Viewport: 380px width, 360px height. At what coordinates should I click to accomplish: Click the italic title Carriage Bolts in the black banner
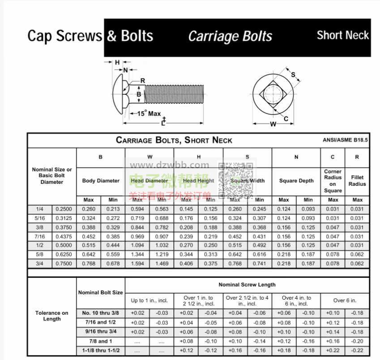(230, 37)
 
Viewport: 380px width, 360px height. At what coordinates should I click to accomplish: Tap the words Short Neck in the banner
(342, 35)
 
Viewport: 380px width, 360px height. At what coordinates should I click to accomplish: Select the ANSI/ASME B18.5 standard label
(345, 140)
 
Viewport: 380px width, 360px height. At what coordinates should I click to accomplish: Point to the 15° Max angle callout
(149, 114)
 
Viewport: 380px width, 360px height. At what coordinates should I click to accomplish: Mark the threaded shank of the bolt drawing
(175, 95)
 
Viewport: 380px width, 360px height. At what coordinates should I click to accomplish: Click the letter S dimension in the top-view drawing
(293, 74)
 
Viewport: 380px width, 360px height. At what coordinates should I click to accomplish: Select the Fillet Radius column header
(357, 181)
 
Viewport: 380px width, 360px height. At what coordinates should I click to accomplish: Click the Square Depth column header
(296, 181)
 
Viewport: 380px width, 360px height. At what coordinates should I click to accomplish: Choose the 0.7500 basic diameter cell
(64, 264)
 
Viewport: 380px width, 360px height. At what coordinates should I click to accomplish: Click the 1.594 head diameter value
(137, 264)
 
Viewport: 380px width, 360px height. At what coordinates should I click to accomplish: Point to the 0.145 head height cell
(186, 209)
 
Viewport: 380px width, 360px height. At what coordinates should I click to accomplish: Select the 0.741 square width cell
(260, 264)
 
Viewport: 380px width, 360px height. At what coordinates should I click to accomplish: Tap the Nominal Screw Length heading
(247, 284)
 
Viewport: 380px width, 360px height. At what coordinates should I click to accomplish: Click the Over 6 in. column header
(345, 301)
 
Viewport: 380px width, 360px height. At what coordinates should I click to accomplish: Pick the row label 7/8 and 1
(99, 341)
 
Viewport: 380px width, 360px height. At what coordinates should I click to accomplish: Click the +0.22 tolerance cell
(333, 351)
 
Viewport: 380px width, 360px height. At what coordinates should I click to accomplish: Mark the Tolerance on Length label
(52, 316)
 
